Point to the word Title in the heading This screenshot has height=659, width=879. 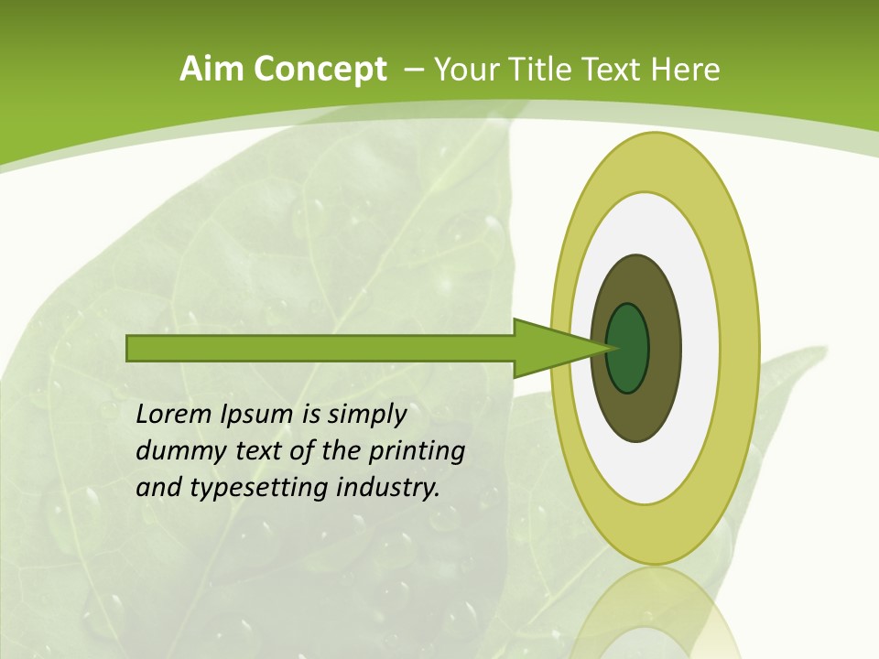coord(544,70)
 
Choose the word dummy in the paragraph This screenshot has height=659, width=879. coord(177,452)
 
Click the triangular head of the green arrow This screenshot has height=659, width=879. coord(549,348)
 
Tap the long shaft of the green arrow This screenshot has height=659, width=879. coord(320,348)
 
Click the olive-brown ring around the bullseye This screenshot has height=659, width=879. coord(664,348)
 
